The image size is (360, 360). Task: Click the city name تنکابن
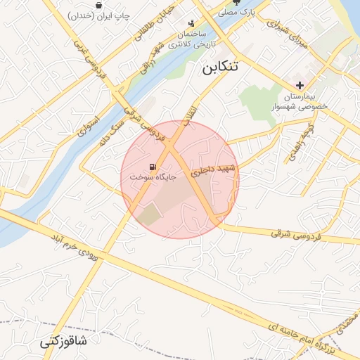pos(219,67)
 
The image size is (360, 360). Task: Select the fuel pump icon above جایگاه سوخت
pos(153,167)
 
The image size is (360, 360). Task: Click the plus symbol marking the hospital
pos(300,84)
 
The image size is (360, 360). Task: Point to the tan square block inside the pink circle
pos(149,215)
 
